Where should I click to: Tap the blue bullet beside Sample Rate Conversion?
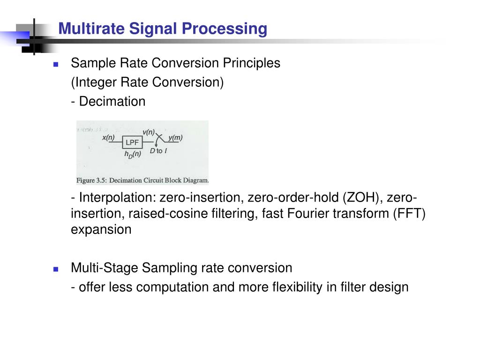coord(55,64)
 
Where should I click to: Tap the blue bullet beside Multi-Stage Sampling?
coord(55,270)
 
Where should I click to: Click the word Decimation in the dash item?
coord(112,102)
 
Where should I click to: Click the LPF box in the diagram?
coord(132,142)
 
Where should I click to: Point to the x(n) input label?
coord(108,137)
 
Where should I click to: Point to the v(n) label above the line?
coord(149,132)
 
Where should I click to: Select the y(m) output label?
coord(175,137)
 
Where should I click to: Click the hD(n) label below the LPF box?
coord(132,154)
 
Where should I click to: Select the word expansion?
coord(101,230)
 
